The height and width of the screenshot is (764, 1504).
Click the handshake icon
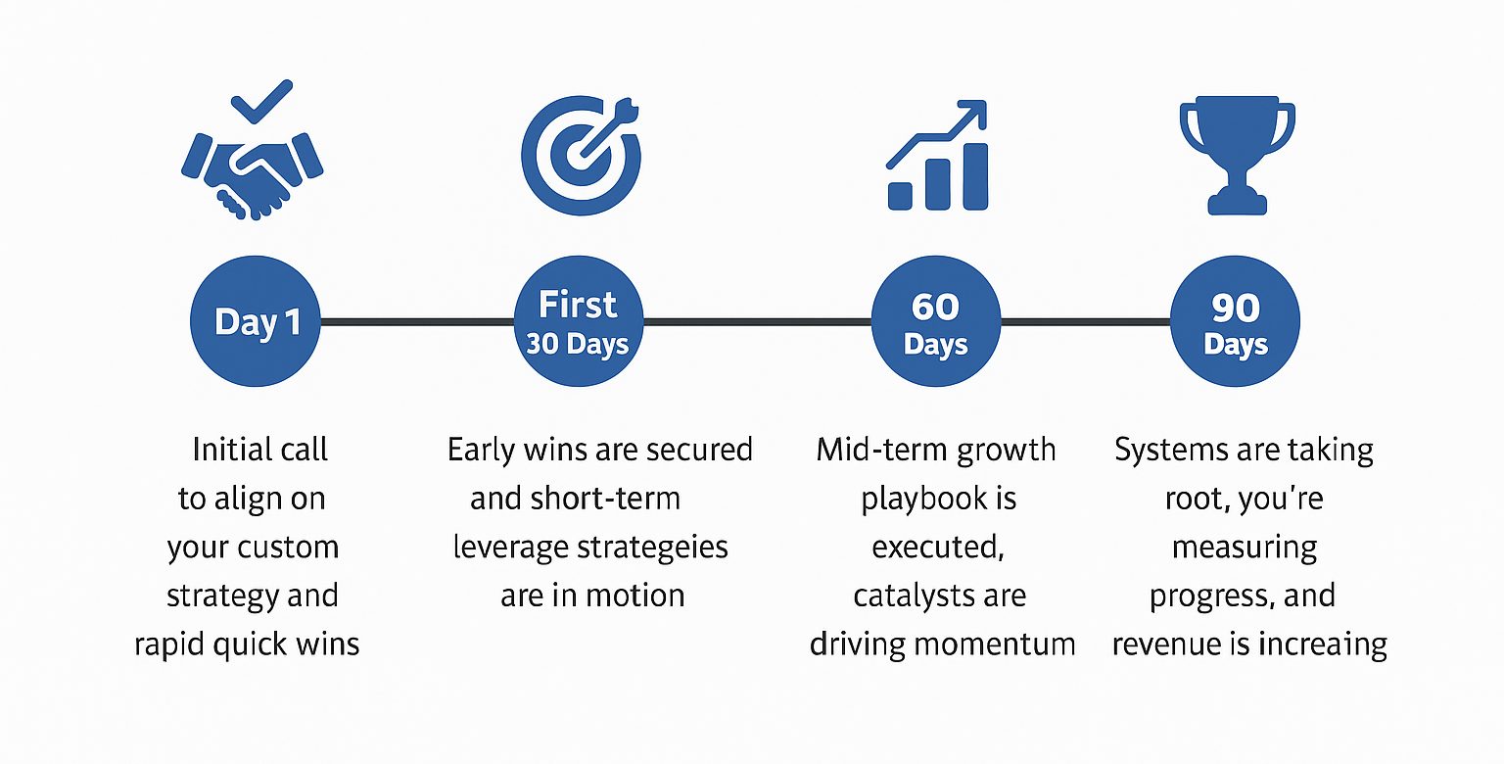coord(253,176)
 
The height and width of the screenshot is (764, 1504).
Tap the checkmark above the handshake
coord(261,102)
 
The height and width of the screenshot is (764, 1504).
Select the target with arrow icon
coord(581,156)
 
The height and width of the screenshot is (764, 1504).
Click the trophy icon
coord(1237,155)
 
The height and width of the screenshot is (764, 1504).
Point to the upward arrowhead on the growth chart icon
coord(972,115)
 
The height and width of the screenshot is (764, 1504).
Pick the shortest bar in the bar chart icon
coord(900,195)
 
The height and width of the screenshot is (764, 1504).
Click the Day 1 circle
coord(256,321)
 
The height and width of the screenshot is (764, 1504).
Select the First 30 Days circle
coord(579,321)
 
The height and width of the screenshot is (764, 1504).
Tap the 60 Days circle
coord(936,321)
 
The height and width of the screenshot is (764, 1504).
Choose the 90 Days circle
coord(1236,321)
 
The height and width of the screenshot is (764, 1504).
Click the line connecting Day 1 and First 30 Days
coord(418,322)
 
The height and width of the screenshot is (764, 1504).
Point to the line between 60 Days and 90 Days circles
coord(1086,322)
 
